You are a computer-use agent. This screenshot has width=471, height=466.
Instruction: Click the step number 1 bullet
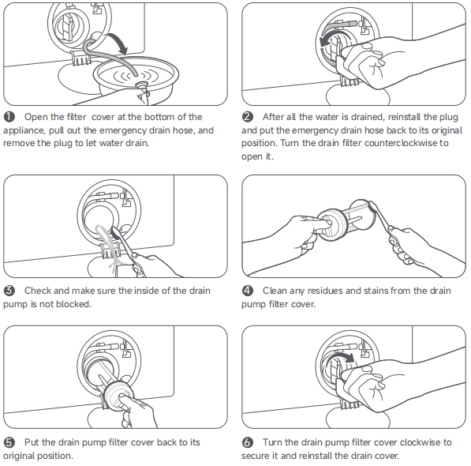point(9,117)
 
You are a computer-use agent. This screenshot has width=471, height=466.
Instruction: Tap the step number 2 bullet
point(247,117)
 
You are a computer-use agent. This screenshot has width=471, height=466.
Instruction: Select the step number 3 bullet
point(9,291)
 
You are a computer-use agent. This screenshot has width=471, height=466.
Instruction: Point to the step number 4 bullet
point(247,291)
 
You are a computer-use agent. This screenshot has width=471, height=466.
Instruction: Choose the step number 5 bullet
point(9,442)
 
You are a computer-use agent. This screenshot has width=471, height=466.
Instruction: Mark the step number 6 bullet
point(247,442)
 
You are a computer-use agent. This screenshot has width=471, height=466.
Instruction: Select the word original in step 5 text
point(21,456)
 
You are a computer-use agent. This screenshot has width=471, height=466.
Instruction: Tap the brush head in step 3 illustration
point(116,233)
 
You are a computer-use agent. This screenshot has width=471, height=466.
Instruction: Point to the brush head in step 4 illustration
point(373,207)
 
